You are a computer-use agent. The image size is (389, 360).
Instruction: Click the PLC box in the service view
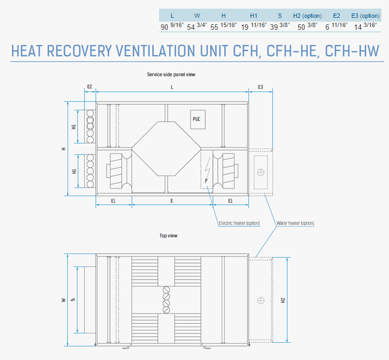click(197, 119)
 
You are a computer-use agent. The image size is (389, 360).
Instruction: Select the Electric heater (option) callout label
click(239, 223)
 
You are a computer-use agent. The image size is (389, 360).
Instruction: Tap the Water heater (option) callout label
click(295, 223)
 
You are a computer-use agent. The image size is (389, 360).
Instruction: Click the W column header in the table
click(197, 16)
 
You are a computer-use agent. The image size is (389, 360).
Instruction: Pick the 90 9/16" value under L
click(172, 26)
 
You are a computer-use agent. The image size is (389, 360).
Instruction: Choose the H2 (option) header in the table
click(307, 16)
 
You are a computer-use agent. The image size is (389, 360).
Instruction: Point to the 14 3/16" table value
click(365, 26)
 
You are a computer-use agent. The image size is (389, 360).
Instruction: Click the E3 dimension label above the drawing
click(260, 87)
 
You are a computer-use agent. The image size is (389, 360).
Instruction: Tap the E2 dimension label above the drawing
click(90, 87)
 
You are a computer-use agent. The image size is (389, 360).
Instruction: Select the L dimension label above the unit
click(172, 87)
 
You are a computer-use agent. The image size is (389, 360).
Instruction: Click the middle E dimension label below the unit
click(172, 201)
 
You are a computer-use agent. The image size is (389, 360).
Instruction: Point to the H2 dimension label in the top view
click(283, 300)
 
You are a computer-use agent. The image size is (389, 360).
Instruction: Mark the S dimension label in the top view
click(72, 300)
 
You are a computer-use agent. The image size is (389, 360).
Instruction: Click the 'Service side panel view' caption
click(171, 75)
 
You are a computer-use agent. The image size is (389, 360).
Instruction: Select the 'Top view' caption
click(168, 236)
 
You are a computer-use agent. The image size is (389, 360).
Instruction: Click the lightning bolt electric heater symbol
click(207, 170)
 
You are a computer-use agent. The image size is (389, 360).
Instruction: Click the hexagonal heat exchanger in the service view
click(166, 149)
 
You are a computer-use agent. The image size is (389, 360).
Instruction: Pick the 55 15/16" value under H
click(223, 26)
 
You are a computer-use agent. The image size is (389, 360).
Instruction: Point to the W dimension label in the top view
click(64, 300)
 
